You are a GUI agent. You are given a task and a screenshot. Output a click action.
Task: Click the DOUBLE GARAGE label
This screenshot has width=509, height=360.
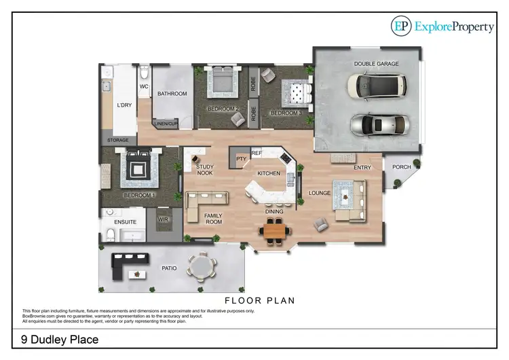(x=375, y=64)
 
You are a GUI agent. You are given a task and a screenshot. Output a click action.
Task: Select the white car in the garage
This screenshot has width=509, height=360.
(x=376, y=85)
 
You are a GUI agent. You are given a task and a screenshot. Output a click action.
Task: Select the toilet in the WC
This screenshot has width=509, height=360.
(x=144, y=73)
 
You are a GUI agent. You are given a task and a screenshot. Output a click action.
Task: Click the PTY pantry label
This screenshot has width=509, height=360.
(x=240, y=159)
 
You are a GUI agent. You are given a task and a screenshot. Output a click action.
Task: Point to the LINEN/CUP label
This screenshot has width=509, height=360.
(x=165, y=124)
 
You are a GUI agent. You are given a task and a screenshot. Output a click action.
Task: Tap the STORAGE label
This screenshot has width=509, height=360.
(x=118, y=141)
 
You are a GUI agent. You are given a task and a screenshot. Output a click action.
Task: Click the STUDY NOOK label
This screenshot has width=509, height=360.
(x=204, y=170)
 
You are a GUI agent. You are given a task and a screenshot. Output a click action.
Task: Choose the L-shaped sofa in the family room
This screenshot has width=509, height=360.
(x=206, y=201)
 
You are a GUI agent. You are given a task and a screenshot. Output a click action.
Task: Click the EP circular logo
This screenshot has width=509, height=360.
(x=402, y=26)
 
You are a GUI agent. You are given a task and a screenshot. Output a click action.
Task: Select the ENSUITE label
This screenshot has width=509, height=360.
(x=126, y=222)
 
